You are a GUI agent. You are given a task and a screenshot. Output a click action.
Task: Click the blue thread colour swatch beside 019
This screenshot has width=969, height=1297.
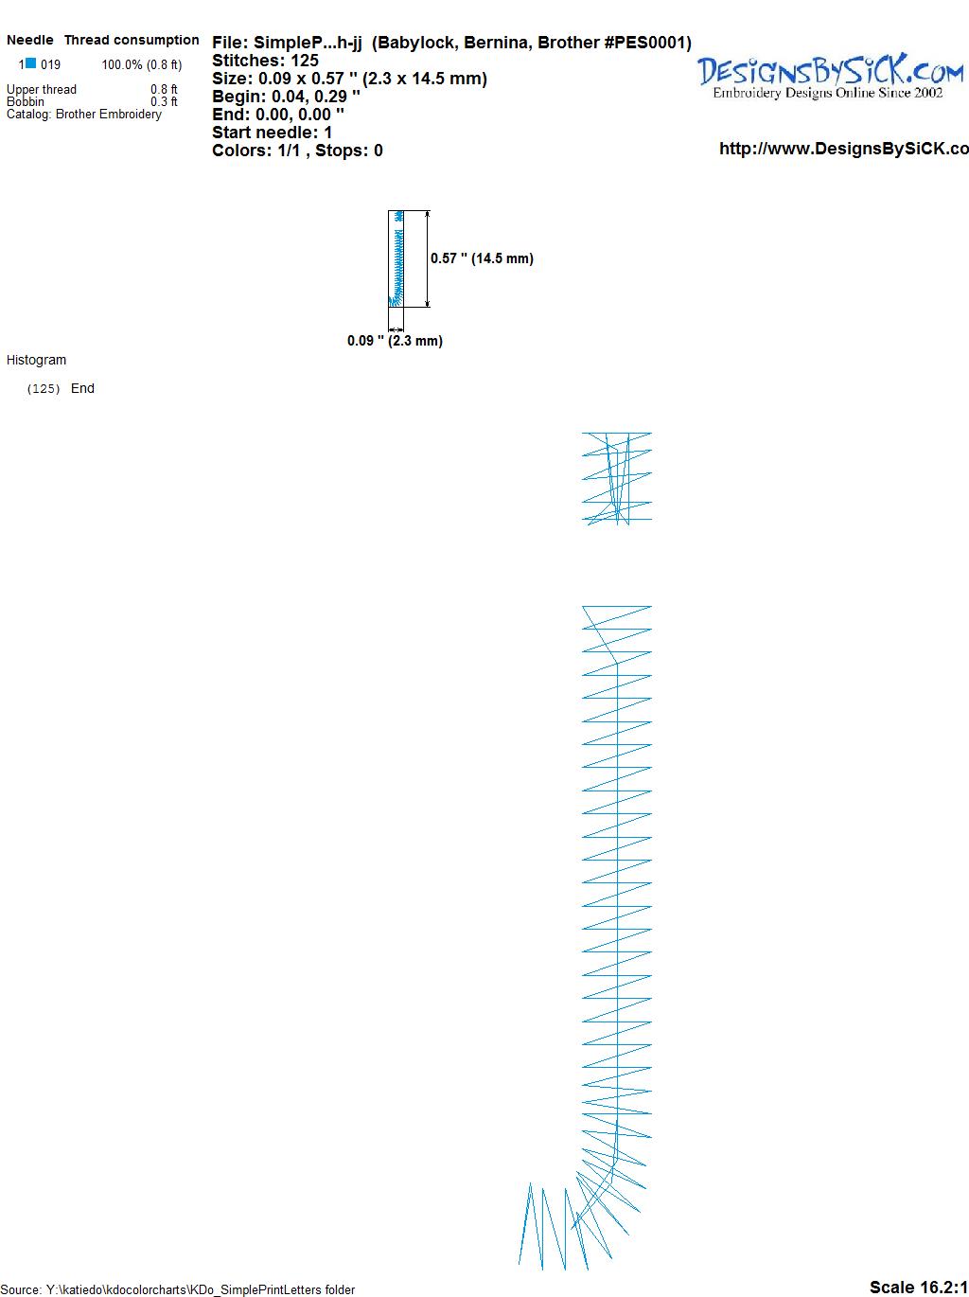[x=31, y=63]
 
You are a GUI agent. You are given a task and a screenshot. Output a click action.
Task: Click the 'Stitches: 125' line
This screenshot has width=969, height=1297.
[x=265, y=61]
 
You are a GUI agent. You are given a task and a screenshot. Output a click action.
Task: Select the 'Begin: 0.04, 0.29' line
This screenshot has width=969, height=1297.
[x=286, y=97]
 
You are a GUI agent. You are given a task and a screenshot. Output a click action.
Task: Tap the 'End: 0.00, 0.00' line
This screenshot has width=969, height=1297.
[x=277, y=114]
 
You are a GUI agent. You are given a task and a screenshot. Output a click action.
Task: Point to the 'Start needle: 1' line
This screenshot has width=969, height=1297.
[x=272, y=133]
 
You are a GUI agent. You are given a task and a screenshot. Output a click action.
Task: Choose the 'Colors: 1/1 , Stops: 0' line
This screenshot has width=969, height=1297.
[x=297, y=151]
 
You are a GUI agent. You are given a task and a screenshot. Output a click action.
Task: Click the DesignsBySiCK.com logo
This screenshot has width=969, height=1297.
[x=830, y=72]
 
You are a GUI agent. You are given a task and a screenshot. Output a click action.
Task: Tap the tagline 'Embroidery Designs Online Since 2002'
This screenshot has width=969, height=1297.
[x=827, y=93]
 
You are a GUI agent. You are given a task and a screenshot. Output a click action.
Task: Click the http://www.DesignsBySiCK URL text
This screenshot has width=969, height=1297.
[x=844, y=149]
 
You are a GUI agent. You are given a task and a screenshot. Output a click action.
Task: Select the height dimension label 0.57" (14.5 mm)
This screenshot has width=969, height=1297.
[x=482, y=258]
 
